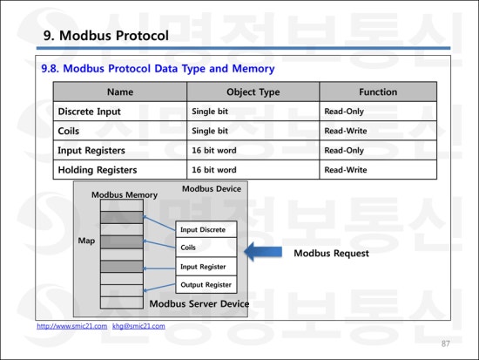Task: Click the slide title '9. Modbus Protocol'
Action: [105, 36]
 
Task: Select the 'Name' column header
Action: [120, 92]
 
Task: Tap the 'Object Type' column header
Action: [253, 92]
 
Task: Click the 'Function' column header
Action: [378, 92]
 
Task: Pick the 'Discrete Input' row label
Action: [89, 112]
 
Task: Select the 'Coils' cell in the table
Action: [69, 131]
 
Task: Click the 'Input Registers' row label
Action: [91, 151]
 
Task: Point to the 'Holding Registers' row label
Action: [98, 170]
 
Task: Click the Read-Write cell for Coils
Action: [346, 131]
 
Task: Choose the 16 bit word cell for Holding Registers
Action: [214, 170]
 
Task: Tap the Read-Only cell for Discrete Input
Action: [344, 112]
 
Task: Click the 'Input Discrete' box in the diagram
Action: [206, 229]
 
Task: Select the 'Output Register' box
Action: [206, 285]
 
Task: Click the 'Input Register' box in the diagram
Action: [206, 267]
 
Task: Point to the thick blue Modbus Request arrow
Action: [263, 252]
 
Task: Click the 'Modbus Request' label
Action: [331, 254]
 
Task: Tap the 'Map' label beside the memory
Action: [86, 241]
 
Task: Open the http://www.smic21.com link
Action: [72, 326]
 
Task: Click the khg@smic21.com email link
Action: [138, 326]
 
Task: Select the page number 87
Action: [445, 343]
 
